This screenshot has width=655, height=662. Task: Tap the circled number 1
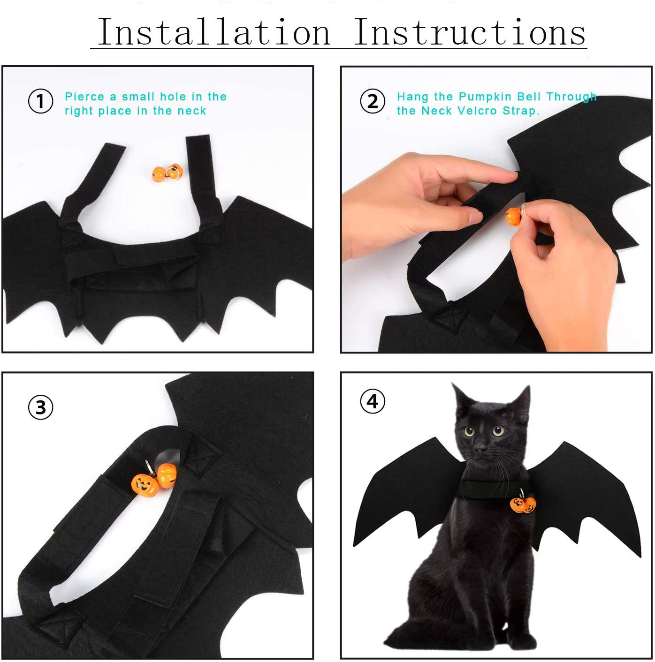coord(41,102)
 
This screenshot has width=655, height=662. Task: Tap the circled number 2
coord(373,102)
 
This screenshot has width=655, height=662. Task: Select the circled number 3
coord(41,407)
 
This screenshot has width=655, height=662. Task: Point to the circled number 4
coord(373,402)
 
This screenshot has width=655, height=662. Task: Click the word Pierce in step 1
coord(84,97)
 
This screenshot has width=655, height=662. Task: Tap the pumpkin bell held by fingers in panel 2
coord(513,216)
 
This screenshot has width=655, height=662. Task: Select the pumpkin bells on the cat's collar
coord(523,504)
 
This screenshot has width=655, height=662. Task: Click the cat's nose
coord(480,450)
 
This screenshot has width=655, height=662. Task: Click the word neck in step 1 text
coord(192,111)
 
